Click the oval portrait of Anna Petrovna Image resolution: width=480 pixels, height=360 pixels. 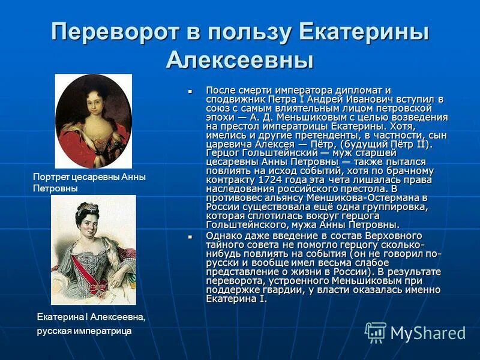tap(93, 121)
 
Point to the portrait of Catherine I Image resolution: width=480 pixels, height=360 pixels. tap(93, 250)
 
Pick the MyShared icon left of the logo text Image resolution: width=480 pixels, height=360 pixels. tap(376, 332)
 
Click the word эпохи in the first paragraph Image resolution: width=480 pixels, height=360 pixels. tap(219, 117)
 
